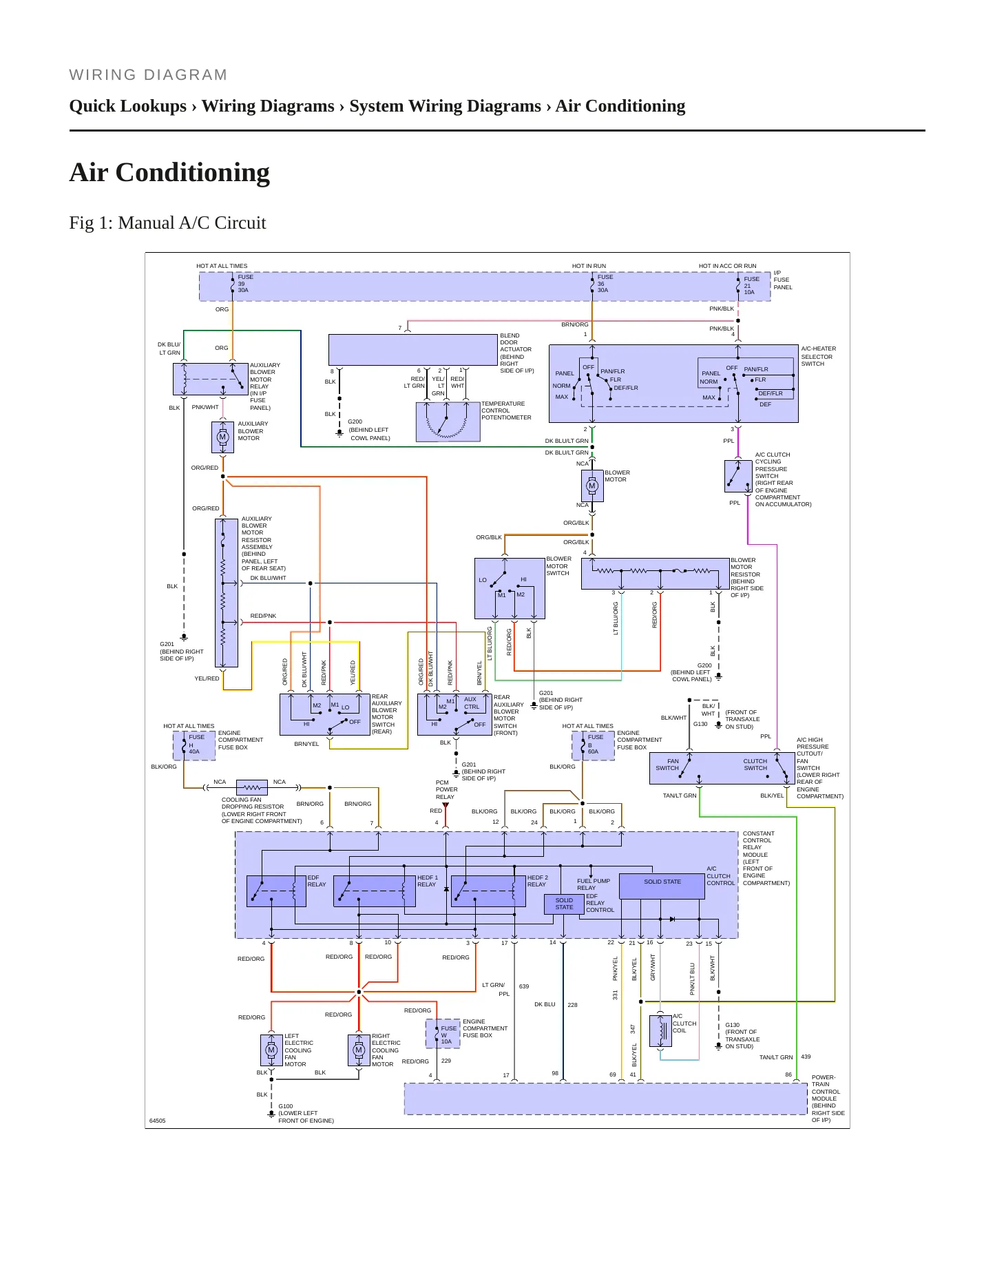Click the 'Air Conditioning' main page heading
click(169, 172)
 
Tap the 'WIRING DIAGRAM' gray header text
click(148, 75)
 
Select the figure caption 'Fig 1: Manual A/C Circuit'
click(167, 223)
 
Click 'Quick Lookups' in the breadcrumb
click(128, 106)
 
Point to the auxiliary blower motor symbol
click(222, 437)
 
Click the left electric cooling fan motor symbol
click(271, 1050)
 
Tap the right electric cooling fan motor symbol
click(359, 1050)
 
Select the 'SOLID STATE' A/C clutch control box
click(662, 886)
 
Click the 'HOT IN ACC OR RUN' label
click(727, 266)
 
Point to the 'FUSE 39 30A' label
click(245, 284)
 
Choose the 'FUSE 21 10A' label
click(751, 286)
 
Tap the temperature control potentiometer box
click(448, 422)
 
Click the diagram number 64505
click(158, 1121)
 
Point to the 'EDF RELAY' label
click(317, 881)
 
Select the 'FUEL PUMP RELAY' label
click(594, 884)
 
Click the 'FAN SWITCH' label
click(667, 765)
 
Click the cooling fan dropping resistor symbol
click(252, 787)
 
